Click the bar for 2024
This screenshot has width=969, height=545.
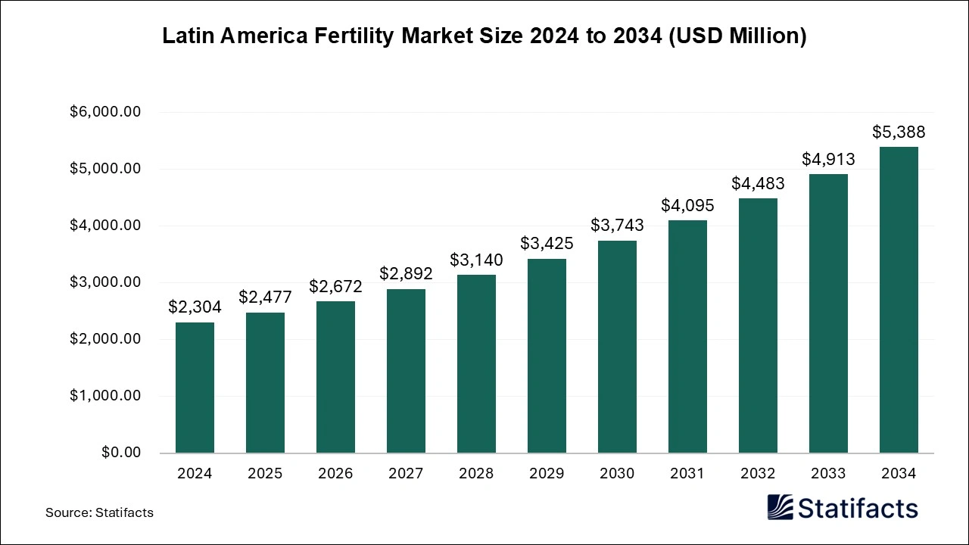click(195, 388)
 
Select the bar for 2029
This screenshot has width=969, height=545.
click(547, 356)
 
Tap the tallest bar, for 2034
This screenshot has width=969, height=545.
click(899, 300)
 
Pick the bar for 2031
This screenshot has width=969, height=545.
click(687, 337)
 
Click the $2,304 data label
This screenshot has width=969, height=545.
click(195, 307)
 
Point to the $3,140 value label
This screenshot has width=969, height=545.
click(476, 260)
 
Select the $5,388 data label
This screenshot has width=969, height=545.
click(899, 132)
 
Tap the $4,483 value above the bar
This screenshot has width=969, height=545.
click(758, 183)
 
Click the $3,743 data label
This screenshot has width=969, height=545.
click(617, 225)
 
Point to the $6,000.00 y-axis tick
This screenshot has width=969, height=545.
click(105, 112)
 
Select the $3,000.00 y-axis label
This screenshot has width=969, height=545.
click(105, 282)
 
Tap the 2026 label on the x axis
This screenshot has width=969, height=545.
click(335, 473)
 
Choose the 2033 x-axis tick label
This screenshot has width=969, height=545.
click(828, 473)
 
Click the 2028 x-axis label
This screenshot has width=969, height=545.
click(476, 473)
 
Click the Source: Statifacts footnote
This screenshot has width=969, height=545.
click(99, 512)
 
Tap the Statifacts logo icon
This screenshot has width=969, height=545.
click(780, 508)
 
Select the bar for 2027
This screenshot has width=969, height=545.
click(406, 371)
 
